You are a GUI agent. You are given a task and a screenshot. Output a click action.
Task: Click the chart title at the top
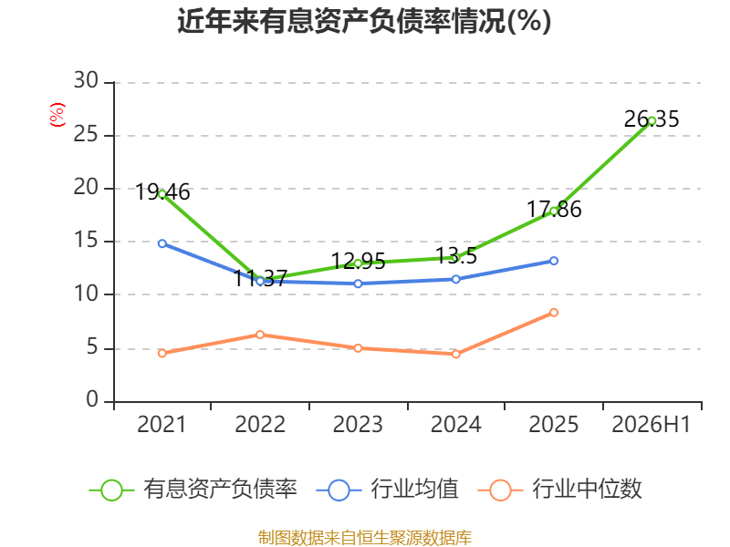[x=364, y=21]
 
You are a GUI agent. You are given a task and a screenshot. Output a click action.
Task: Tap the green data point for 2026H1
[x=652, y=121]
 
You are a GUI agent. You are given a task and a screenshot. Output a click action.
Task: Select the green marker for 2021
[x=162, y=194]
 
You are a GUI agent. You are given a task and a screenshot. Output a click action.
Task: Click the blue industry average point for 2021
[x=162, y=243]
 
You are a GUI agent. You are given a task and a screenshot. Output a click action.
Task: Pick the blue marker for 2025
[x=554, y=261]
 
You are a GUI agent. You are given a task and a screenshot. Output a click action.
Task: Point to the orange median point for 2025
[x=554, y=313]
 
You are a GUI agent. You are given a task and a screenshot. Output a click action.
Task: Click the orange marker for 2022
[x=260, y=335]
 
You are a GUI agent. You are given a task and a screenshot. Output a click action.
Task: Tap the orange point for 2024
[x=455, y=354]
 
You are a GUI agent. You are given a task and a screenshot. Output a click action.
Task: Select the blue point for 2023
[x=358, y=284]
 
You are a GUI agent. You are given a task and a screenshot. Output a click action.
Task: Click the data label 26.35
[x=652, y=119]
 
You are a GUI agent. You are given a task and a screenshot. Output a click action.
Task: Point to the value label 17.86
[x=554, y=210]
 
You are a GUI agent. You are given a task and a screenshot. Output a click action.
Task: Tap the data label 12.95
[x=358, y=262]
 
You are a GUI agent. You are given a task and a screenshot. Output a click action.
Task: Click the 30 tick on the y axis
[x=86, y=80]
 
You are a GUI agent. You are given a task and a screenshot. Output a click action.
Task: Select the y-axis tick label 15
[x=86, y=240]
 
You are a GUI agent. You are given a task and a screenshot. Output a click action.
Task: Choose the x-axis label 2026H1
[x=652, y=424]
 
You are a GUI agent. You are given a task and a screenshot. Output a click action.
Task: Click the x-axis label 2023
[x=358, y=424]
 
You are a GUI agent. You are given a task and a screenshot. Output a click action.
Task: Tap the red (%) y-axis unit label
[x=57, y=115]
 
